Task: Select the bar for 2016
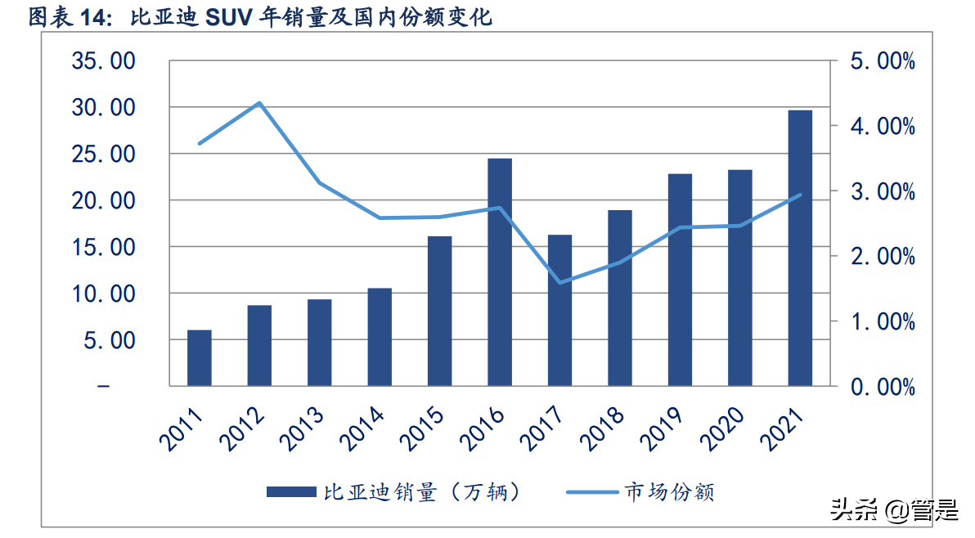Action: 500,271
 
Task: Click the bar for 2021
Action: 800,247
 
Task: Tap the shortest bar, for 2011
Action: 200,357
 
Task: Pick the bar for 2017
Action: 560,310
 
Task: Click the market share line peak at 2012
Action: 259,103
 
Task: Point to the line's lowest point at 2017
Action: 560,283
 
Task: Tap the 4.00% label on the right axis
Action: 882,126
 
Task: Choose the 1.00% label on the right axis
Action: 882,321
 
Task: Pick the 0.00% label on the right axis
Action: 882,386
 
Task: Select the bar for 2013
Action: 320,342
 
